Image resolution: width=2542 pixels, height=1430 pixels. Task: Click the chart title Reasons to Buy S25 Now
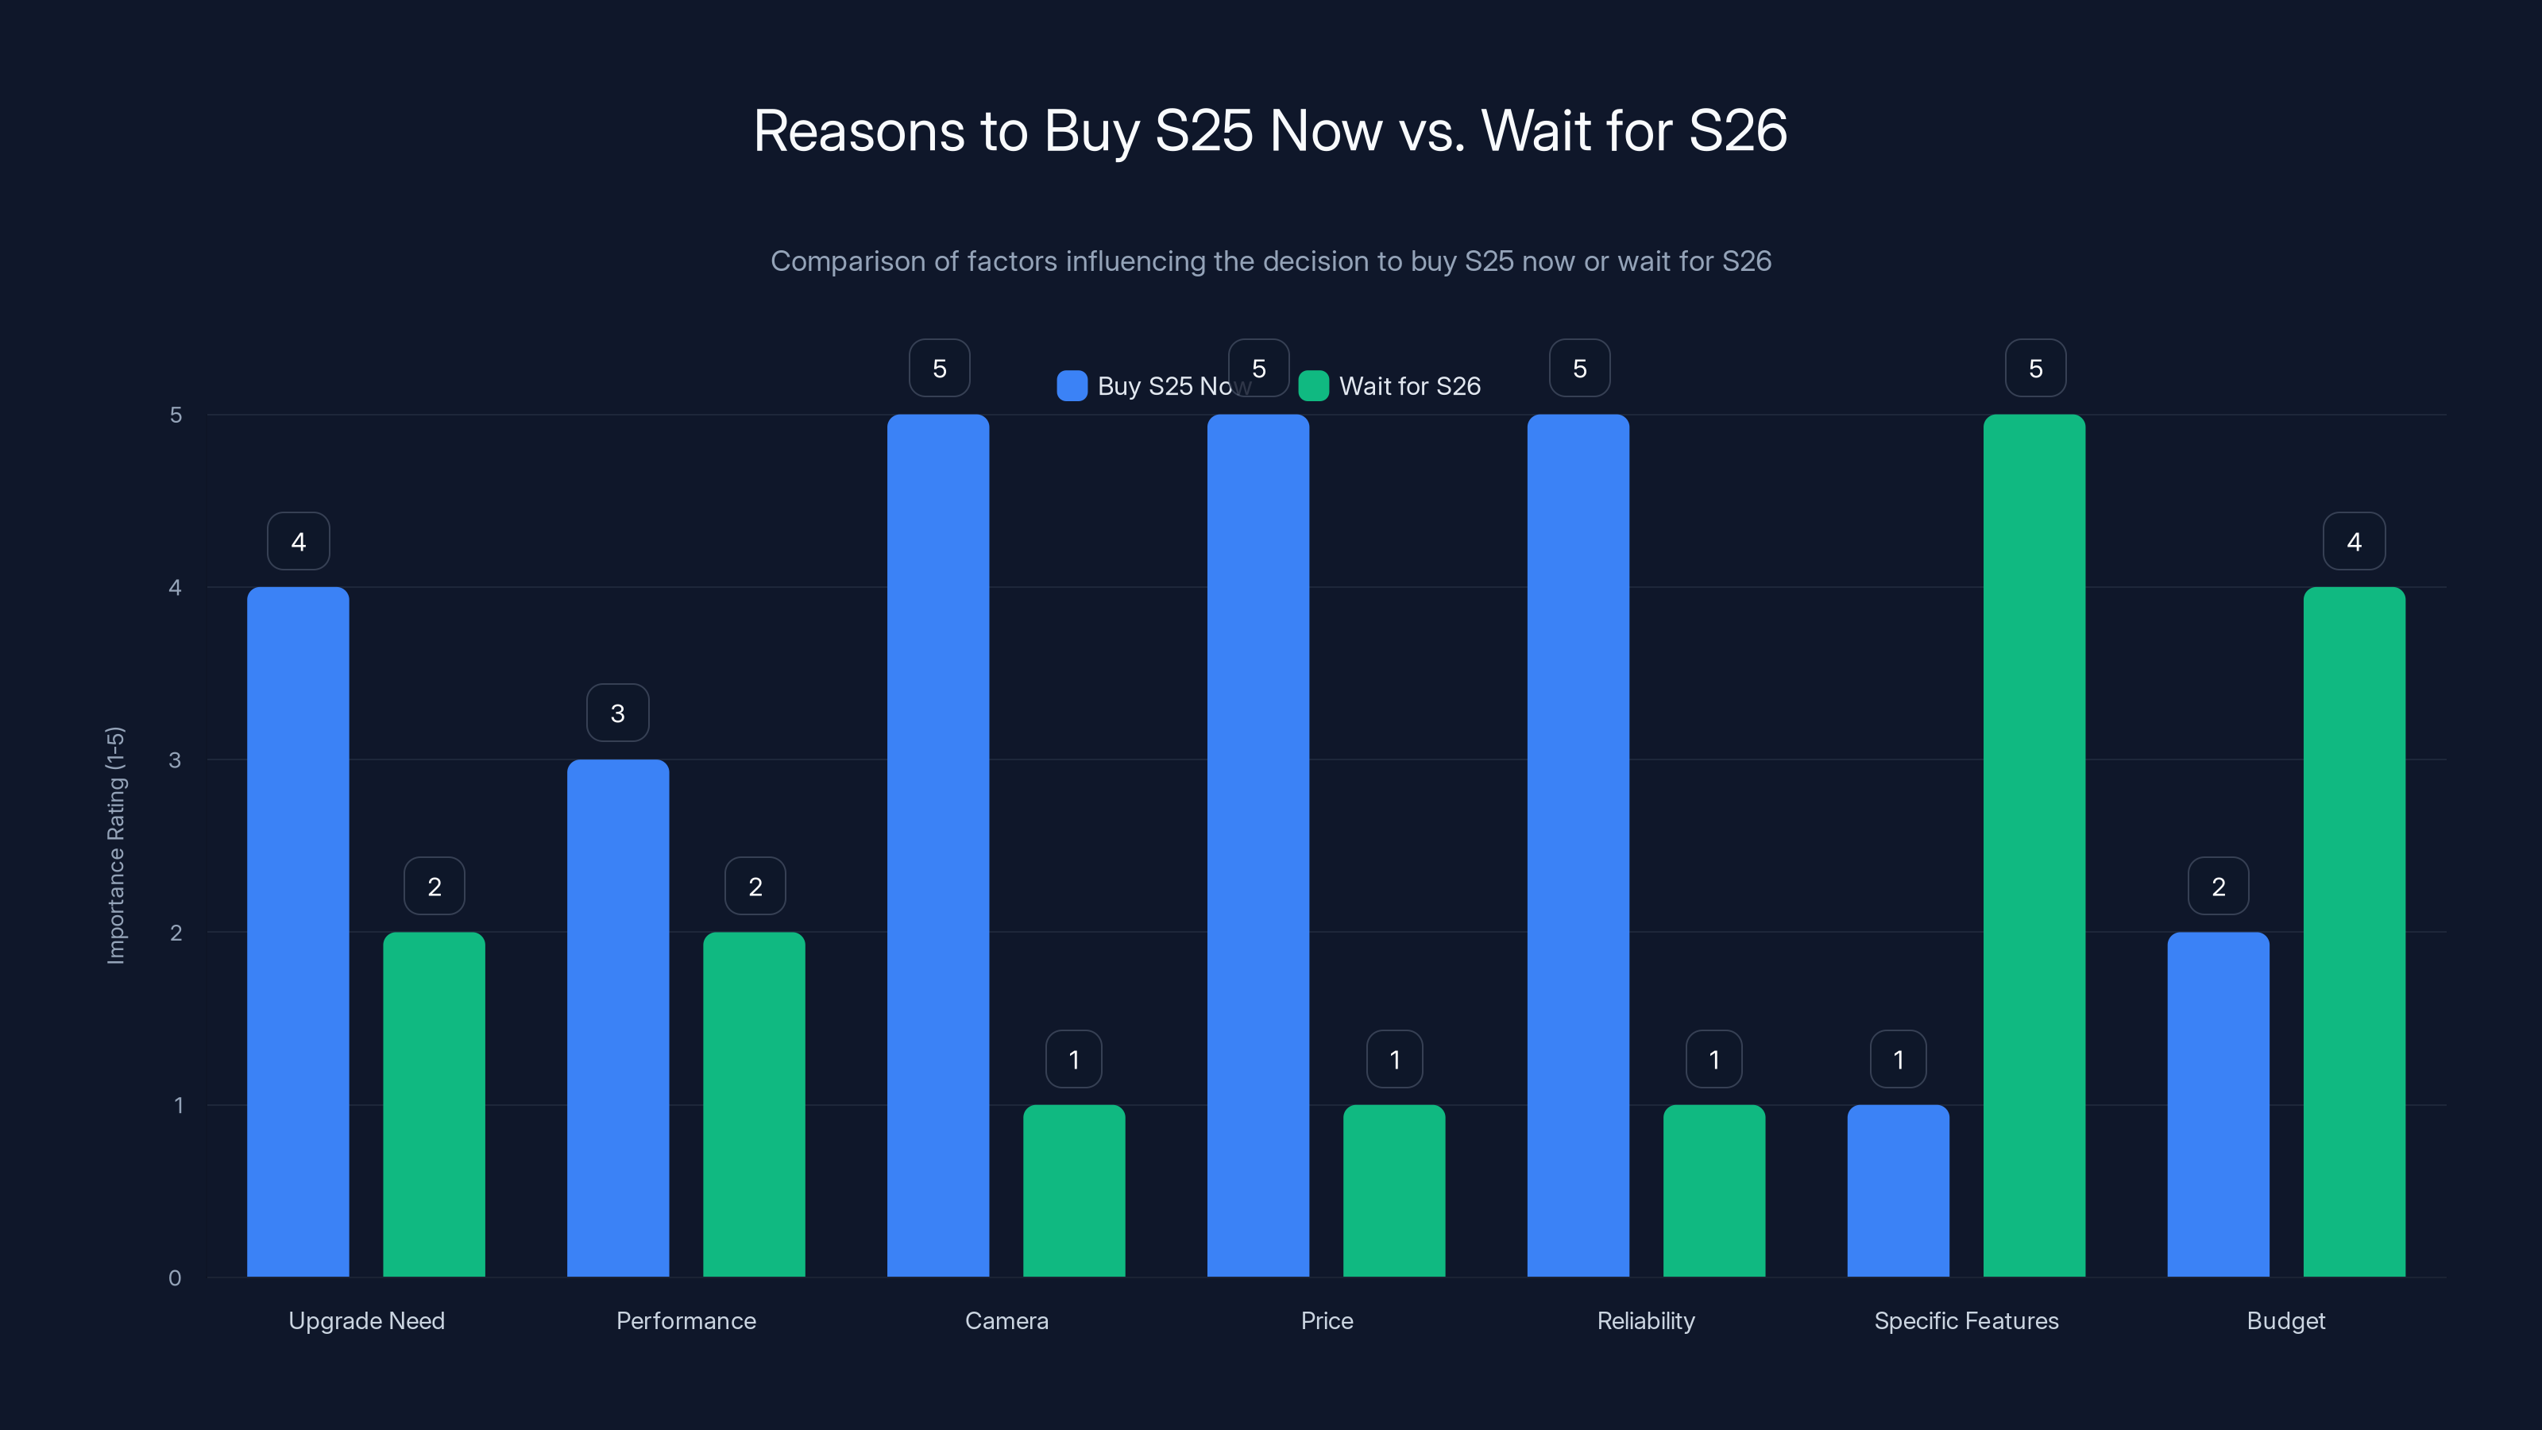tap(1270, 131)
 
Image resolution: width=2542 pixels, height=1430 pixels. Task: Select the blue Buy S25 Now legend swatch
tap(1072, 386)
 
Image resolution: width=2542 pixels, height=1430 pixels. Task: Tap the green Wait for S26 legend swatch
tap(1313, 386)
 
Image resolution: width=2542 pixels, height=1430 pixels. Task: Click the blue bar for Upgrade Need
tap(298, 932)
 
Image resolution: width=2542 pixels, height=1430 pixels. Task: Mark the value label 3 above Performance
tap(618, 713)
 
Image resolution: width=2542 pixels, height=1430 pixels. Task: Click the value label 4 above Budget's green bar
tap(2354, 541)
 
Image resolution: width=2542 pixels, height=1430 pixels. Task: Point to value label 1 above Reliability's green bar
tap(1714, 1059)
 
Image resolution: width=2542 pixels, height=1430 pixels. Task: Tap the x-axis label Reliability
tap(1646, 1320)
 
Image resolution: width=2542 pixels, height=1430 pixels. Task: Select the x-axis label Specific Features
tap(1966, 1320)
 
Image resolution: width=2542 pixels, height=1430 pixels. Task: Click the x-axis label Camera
tap(1006, 1320)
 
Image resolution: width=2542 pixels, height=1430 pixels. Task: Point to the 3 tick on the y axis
tap(176, 760)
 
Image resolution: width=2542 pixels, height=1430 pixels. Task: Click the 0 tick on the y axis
tap(176, 1278)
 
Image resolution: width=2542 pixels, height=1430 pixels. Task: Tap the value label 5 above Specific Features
tap(2034, 368)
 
